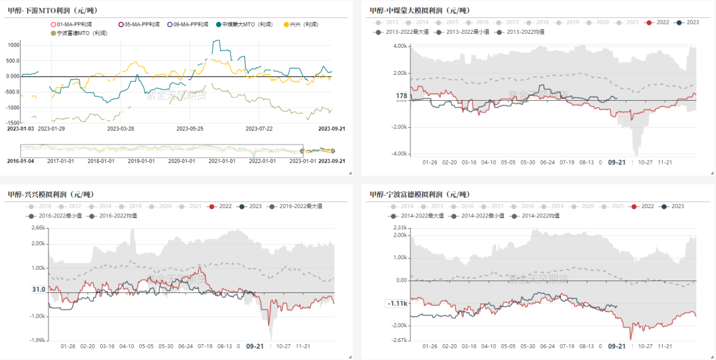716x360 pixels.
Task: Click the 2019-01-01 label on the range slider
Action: point(141,160)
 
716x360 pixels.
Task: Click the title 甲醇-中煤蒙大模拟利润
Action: point(419,10)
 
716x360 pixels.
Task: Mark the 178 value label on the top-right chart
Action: point(401,96)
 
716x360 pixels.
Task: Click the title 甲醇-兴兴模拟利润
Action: point(50,194)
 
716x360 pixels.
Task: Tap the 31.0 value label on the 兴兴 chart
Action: point(38,290)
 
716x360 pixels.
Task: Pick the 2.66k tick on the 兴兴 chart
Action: point(38,228)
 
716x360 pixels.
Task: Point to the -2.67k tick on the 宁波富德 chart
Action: point(398,339)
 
